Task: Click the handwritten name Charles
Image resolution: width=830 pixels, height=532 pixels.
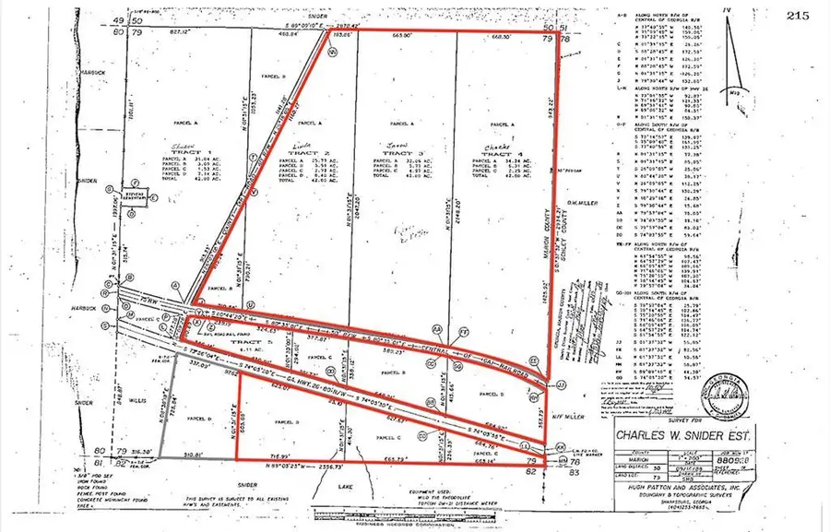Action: point(491,144)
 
